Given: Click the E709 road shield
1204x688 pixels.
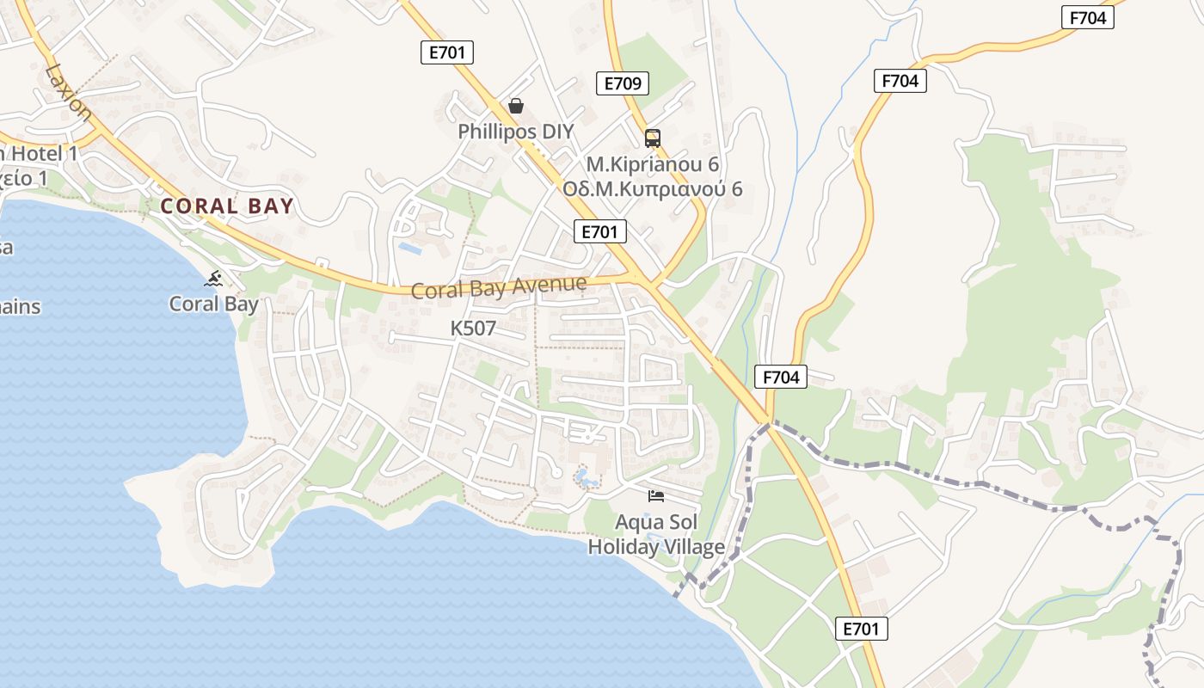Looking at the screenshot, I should coord(622,83).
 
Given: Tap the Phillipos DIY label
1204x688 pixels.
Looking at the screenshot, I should coord(515,132).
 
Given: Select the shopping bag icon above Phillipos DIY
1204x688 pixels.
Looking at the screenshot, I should coord(515,106).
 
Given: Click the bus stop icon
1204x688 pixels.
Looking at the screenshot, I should coord(653,138).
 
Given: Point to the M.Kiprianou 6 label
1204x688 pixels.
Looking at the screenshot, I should coord(652,163).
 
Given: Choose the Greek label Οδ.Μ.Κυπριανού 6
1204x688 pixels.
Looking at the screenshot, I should coord(652,189).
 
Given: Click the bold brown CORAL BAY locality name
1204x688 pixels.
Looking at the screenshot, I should coord(227,206).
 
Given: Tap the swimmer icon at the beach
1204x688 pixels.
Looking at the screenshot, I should coord(214,278).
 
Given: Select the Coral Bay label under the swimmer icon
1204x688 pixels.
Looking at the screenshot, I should coord(213,304).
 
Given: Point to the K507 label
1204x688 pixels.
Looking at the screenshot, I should coord(473,329).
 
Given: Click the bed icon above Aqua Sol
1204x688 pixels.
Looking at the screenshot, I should coord(656,496).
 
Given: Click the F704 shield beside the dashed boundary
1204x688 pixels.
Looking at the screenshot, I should coord(781,377).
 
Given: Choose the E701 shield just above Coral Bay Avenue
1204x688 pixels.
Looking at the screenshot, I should coord(600,231).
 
